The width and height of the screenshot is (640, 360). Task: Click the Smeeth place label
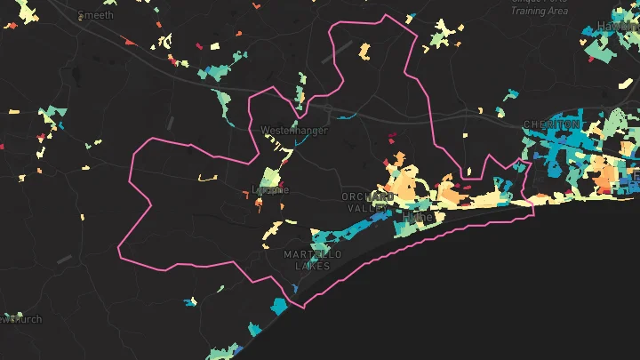click(x=95, y=15)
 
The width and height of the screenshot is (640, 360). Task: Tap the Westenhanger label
click(x=293, y=131)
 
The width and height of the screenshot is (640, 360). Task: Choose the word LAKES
click(x=312, y=266)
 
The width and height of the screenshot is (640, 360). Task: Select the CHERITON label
click(x=552, y=124)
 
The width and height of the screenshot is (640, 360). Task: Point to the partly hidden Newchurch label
click(x=20, y=319)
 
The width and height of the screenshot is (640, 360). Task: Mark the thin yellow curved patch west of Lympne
click(x=208, y=178)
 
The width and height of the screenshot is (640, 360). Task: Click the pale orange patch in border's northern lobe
click(x=365, y=51)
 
